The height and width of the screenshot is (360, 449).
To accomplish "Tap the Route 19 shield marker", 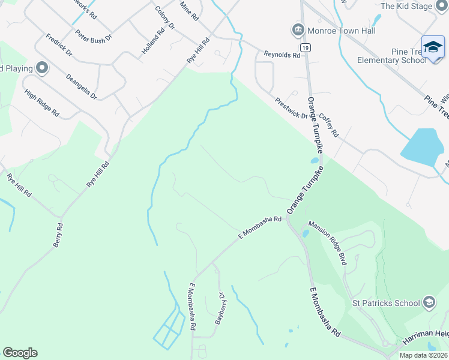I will coord(306,46).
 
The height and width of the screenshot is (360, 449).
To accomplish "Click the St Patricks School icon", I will coord(429,302).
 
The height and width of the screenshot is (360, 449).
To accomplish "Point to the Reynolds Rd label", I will coord(282,55).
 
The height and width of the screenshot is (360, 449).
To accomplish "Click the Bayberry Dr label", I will coord(220,308).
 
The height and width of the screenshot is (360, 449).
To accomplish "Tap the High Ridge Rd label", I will coord(42,103).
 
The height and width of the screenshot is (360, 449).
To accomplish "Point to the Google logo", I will coord(20,353).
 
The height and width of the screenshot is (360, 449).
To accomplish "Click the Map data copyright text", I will coord(423,355).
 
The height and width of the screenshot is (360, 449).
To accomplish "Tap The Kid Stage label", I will coord(406,6).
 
